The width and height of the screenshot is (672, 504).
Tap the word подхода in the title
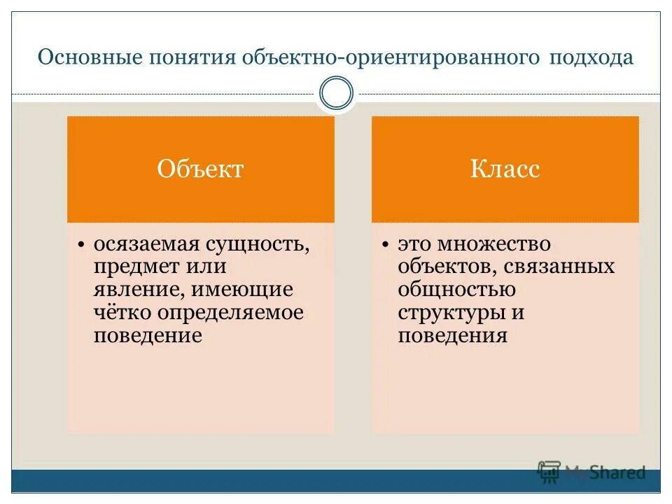coord(591,57)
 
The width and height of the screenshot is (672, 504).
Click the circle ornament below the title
coord(336,94)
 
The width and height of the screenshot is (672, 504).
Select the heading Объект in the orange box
coord(200,169)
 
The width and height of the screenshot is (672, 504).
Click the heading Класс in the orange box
coord(505,169)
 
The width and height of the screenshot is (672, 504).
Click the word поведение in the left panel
coord(148,335)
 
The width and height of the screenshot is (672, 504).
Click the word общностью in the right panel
coord(457,289)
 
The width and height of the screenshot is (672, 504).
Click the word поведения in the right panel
coord(452,335)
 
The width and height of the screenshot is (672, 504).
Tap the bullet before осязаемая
coord(81,245)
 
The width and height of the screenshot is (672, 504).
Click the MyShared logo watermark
coord(591,472)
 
